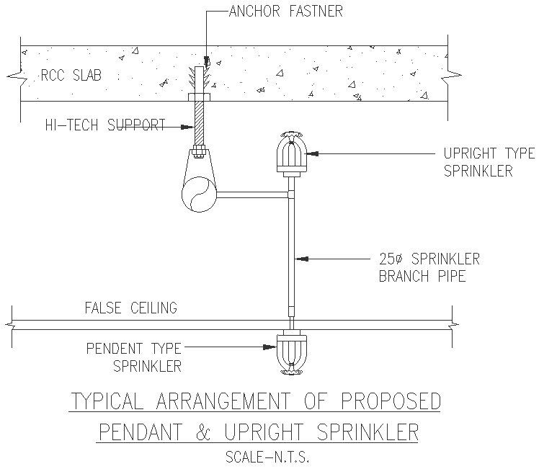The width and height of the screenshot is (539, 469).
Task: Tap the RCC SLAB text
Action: coord(63,74)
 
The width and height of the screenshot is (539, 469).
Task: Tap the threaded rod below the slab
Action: coord(200,122)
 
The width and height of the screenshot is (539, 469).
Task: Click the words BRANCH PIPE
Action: coord(422,276)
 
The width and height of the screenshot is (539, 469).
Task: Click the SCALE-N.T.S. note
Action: coord(267,457)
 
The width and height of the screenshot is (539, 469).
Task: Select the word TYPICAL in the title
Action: coord(115,401)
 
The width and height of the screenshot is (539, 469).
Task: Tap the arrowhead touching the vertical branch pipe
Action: coord(299,257)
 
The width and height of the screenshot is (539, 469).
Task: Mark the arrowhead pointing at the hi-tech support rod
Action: coord(189,128)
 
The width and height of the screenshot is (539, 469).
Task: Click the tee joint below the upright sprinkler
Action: coord(290,195)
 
